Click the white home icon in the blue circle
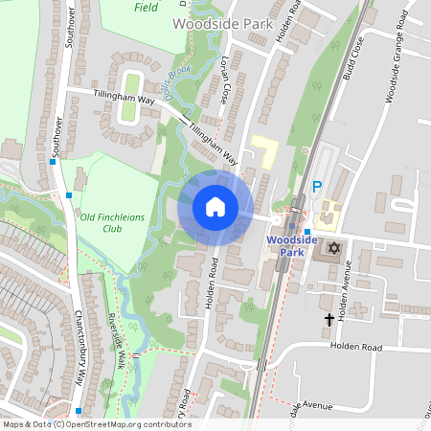[x=215, y=206]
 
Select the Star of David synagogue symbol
[x=334, y=249]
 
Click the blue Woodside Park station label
[x=284, y=245]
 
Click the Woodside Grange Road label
[x=401, y=71]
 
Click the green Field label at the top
[x=147, y=7]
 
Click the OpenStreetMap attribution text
[x=96, y=423]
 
